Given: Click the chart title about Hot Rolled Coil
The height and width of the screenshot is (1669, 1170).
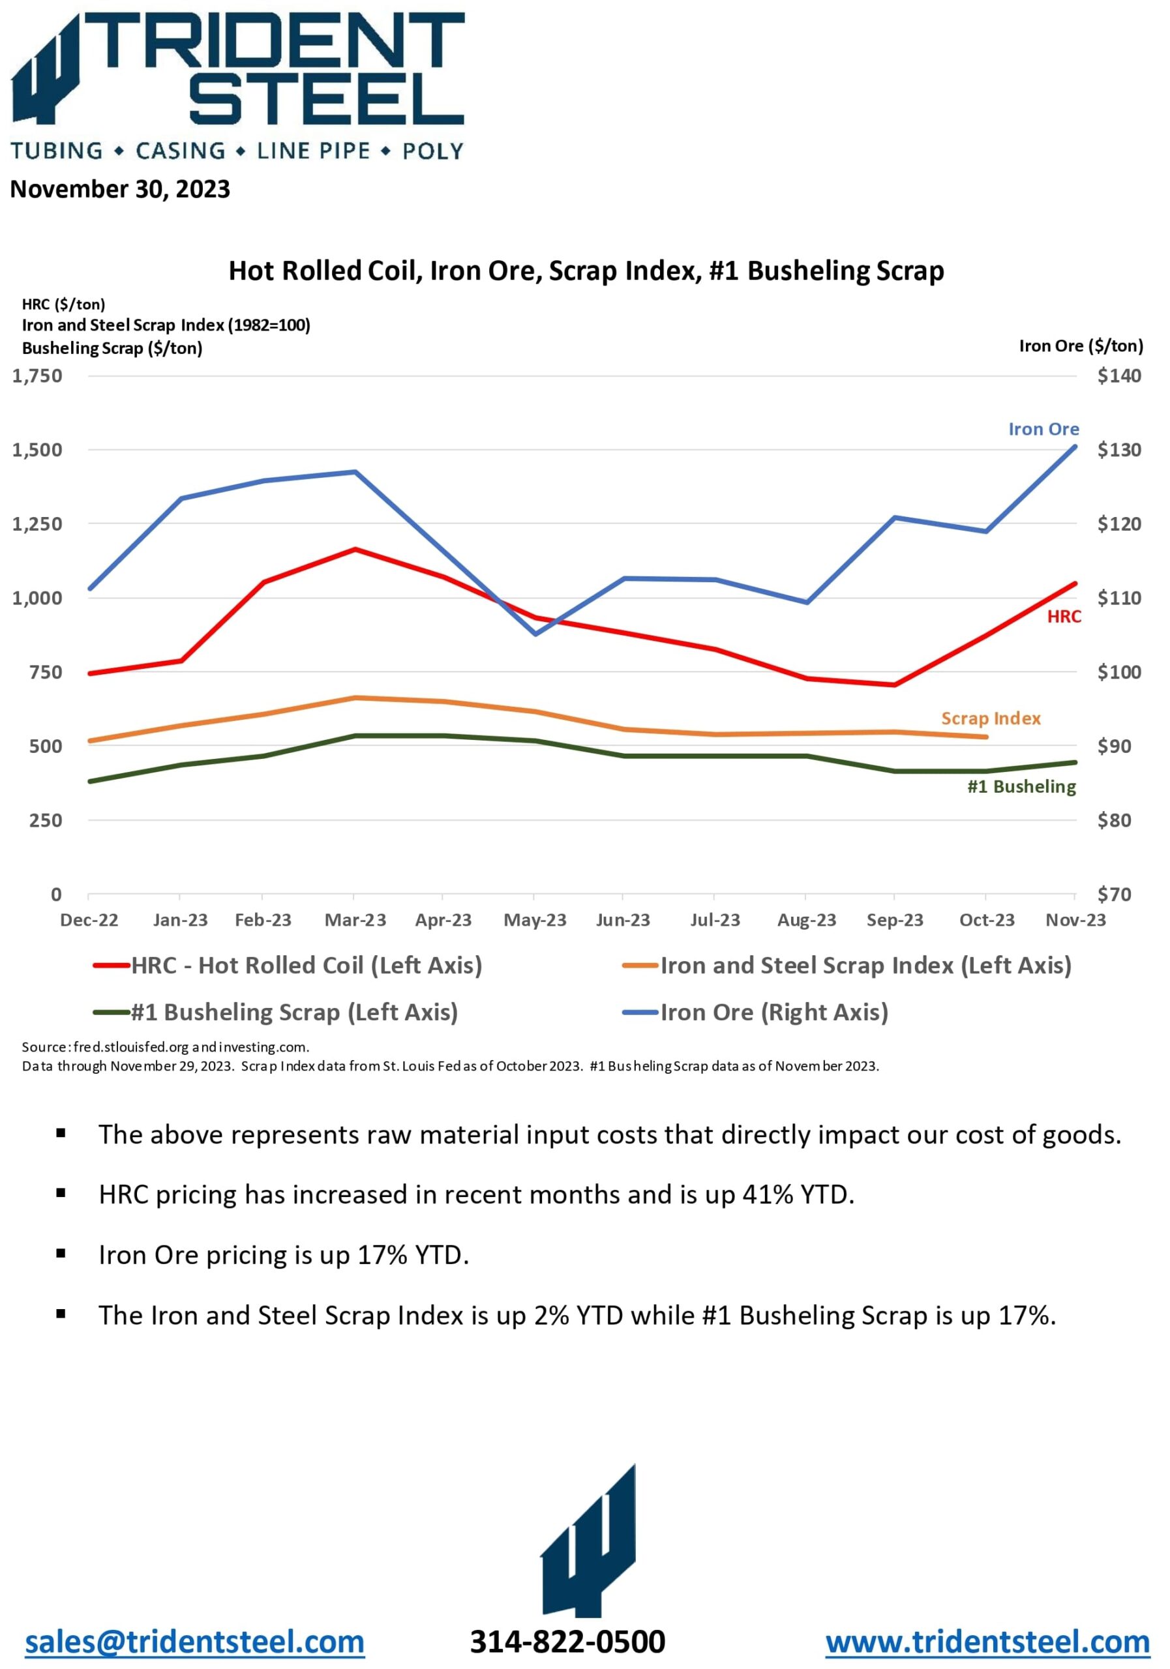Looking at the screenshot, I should (586, 271).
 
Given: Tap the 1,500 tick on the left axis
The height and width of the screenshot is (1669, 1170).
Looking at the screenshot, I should (37, 449).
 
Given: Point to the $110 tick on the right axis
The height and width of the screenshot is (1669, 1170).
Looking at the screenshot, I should (1118, 598).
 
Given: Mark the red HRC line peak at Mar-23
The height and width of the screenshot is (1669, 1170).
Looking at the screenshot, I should (355, 549).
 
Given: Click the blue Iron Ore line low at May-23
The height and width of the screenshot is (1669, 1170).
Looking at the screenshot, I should (535, 634).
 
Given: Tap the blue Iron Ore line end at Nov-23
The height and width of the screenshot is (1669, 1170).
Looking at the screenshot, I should (1075, 447).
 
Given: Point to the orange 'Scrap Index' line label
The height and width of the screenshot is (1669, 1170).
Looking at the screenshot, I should (991, 718).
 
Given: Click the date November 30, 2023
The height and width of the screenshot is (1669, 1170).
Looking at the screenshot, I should (120, 189).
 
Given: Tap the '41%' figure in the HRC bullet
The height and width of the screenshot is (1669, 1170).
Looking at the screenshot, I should (767, 1194).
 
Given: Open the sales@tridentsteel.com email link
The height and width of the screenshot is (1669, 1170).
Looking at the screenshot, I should (195, 1642).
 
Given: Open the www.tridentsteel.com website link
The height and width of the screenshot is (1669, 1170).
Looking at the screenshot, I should (987, 1642).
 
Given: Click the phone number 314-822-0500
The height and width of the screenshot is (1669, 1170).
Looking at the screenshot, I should (567, 1642).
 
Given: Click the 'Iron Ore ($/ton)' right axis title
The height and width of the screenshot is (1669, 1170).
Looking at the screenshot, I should (1081, 346).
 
